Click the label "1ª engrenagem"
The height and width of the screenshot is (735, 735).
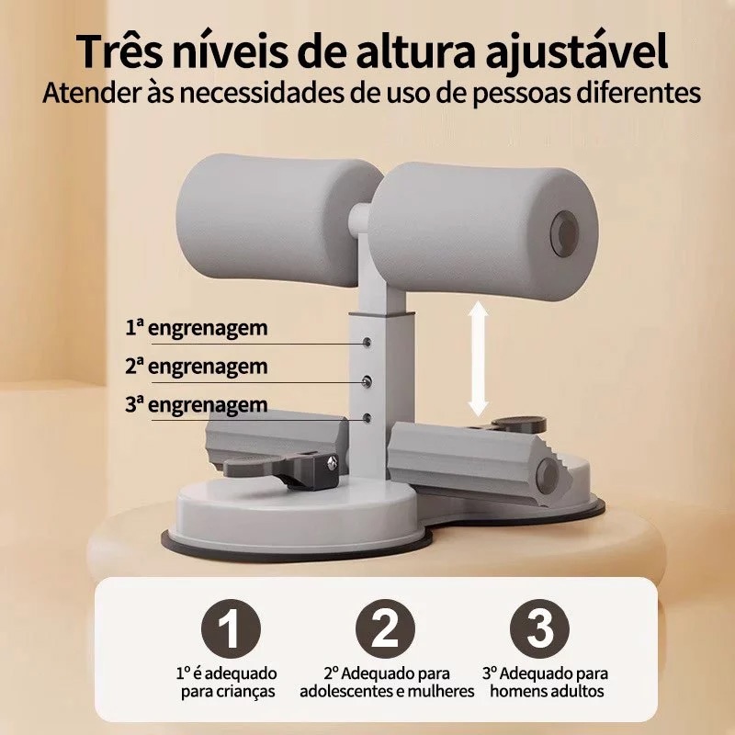[x=197, y=329]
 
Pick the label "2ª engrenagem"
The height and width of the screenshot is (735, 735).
[x=197, y=367]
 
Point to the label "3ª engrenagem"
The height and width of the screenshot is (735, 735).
[x=197, y=405]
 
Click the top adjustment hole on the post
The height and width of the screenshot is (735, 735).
[x=367, y=342]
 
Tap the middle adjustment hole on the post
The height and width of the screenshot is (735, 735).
[x=367, y=381]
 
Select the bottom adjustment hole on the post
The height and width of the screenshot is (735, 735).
[x=367, y=418]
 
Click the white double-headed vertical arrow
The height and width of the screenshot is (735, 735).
[x=478, y=358]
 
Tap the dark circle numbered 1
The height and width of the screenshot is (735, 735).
[x=231, y=628]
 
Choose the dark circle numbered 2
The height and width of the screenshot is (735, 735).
[x=385, y=628]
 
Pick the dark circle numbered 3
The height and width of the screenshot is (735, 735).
[x=539, y=628]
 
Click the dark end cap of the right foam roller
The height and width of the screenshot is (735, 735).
[x=564, y=233]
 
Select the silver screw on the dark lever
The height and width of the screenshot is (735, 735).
[x=333, y=463]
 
